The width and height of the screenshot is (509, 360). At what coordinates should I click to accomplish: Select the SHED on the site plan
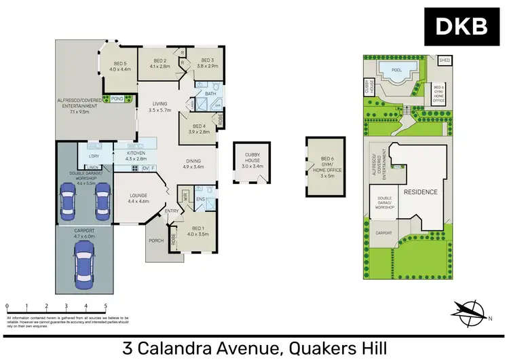(x=445, y=60)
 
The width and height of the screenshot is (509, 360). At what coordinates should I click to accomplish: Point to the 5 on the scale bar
(x=106, y=307)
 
